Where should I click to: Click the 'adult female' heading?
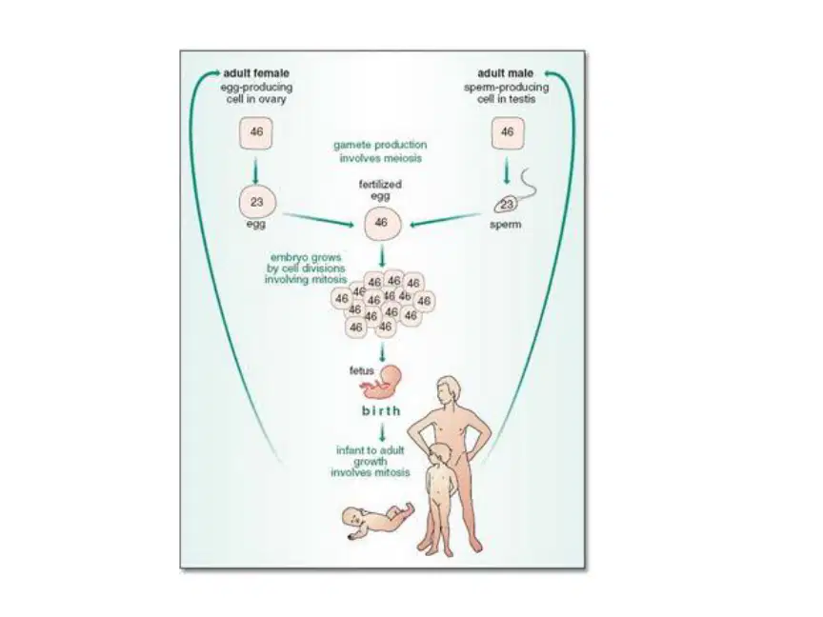click(x=256, y=73)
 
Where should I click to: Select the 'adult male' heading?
click(x=505, y=73)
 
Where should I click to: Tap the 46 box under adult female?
click(x=256, y=132)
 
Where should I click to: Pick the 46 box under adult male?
click(x=507, y=132)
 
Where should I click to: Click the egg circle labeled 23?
click(x=256, y=202)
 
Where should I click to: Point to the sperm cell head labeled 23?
click(x=506, y=204)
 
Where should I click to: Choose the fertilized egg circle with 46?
click(x=382, y=223)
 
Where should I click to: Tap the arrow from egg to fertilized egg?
click(x=318, y=220)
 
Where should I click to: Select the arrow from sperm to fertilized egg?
click(x=445, y=220)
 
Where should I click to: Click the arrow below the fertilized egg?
click(x=382, y=255)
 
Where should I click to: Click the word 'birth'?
click(x=381, y=410)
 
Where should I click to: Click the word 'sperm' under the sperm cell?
click(x=505, y=225)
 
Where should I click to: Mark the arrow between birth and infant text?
click(x=382, y=433)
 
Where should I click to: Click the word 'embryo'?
click(x=289, y=258)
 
